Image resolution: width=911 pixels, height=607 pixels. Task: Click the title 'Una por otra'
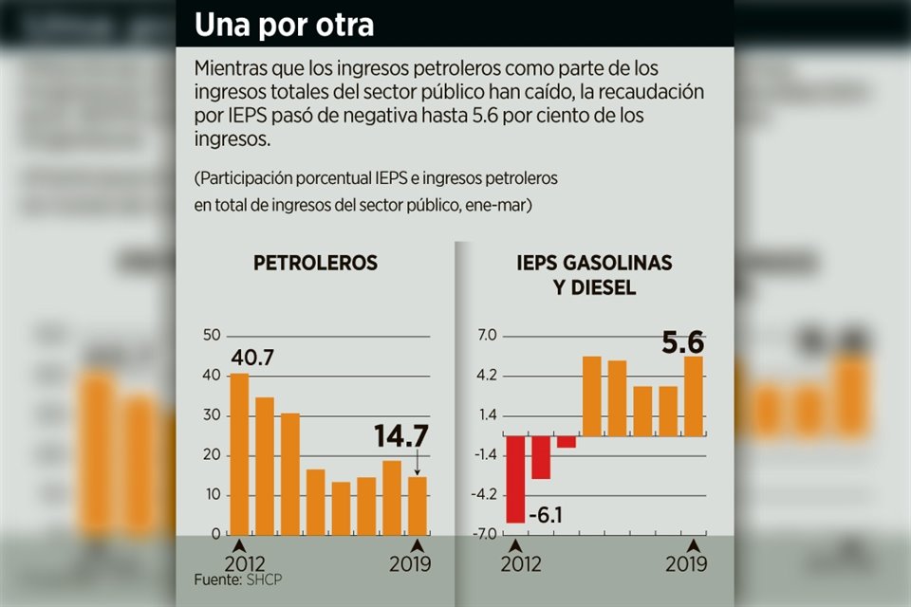[x=285, y=26]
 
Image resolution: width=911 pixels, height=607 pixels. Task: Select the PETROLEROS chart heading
[x=315, y=264]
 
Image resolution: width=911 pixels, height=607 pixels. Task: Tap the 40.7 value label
[x=255, y=359]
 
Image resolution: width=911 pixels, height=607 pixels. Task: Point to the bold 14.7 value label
[x=400, y=436]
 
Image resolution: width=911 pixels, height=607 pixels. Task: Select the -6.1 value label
[x=545, y=515]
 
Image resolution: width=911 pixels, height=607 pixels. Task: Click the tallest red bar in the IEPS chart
[x=515, y=479]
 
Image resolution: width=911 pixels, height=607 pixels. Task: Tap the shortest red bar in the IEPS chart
[x=567, y=441]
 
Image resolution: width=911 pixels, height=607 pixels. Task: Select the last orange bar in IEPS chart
[x=694, y=395]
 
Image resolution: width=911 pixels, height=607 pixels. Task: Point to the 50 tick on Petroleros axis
[x=212, y=335]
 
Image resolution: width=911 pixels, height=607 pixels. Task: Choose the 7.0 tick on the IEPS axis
[x=487, y=335]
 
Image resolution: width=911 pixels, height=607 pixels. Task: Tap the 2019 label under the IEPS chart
[x=686, y=563]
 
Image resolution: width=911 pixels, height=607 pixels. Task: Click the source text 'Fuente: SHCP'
[x=232, y=579]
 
